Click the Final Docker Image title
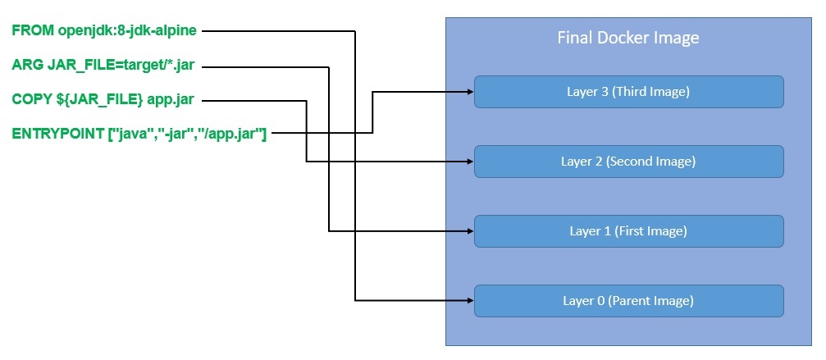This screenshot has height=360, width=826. [x=627, y=38]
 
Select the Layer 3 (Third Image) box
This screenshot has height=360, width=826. [x=629, y=92]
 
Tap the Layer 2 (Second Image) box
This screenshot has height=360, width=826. [x=629, y=162]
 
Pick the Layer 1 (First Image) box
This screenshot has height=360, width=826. [x=629, y=231]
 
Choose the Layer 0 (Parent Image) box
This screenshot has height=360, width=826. [x=629, y=301]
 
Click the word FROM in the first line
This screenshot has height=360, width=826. [x=33, y=31]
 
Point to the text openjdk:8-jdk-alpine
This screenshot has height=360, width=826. [x=126, y=31]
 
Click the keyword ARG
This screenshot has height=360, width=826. [x=27, y=65]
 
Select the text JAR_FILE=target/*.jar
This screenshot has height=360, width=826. [x=121, y=65]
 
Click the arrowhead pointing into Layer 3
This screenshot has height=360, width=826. [x=470, y=92]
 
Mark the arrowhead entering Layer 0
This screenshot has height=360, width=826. [x=470, y=301]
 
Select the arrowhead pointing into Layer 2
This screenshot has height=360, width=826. [x=470, y=162]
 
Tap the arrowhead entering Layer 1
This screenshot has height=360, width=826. [x=470, y=231]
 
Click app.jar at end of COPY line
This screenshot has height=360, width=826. [x=171, y=99]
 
